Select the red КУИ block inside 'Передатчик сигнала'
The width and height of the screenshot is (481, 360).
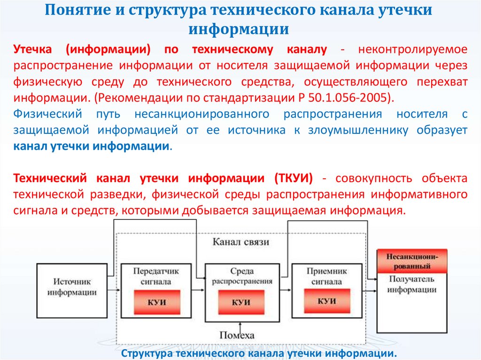pyautogui.click(x=156, y=302)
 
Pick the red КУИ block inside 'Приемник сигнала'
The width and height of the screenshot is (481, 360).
pyautogui.click(x=327, y=301)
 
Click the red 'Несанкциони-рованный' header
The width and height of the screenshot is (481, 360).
pyautogui.click(x=412, y=261)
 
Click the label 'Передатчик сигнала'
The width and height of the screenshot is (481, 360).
pyautogui.click(x=155, y=276)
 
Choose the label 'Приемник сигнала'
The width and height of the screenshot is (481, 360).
pyautogui.click(x=326, y=276)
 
